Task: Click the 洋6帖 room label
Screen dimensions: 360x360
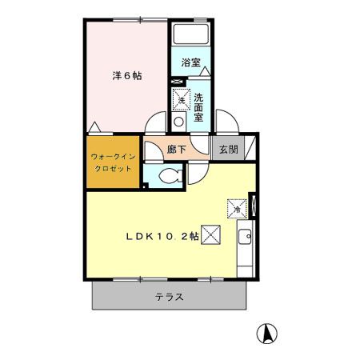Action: (x=126, y=77)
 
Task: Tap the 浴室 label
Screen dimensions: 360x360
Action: (x=190, y=62)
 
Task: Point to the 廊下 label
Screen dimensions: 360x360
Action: (x=177, y=149)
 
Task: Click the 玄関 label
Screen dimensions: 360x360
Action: (x=228, y=149)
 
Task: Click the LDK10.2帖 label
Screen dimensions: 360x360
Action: (x=161, y=236)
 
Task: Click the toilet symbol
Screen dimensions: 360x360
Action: (x=168, y=177)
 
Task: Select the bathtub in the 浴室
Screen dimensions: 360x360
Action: (x=190, y=37)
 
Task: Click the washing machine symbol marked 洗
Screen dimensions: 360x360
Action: (x=181, y=101)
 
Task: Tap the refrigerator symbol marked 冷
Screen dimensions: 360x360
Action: (x=238, y=208)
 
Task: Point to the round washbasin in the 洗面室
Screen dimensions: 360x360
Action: (x=179, y=121)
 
